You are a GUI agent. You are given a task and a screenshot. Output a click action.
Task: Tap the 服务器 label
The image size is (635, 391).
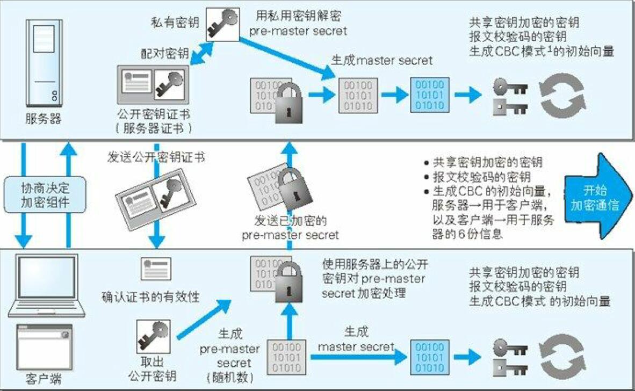[x=43, y=119]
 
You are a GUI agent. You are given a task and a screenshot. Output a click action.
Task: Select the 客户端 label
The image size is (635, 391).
[x=43, y=380]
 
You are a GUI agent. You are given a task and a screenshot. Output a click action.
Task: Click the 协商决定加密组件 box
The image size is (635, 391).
[x=45, y=196]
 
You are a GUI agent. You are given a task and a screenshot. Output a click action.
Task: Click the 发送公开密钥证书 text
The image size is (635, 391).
[x=156, y=157]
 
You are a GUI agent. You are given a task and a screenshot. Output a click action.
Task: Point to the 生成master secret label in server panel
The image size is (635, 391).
[x=381, y=61]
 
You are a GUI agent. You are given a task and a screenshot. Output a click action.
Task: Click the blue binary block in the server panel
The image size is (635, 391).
[x=430, y=95]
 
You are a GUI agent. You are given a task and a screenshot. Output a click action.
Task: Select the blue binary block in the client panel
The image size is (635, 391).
[x=430, y=357]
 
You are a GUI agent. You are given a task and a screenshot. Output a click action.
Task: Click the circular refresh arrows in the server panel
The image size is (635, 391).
[x=561, y=95]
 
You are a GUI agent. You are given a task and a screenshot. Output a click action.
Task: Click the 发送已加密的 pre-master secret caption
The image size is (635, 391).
[x=291, y=228]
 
